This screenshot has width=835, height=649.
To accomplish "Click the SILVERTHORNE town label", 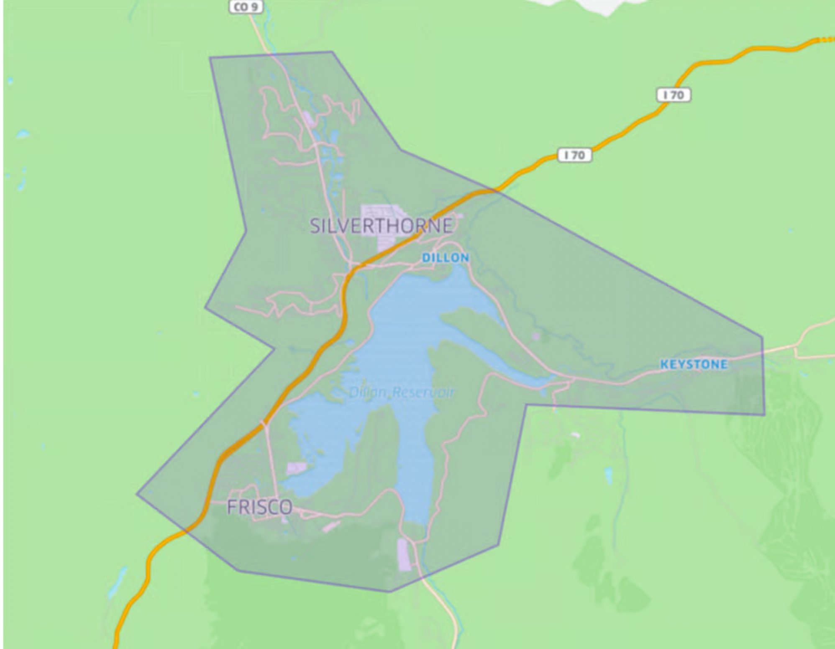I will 381,226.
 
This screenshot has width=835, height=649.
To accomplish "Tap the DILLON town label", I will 445,258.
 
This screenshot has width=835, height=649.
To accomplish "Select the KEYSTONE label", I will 694,364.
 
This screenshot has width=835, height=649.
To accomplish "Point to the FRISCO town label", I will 259,507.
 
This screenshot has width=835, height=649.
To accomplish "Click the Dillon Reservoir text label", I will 401,392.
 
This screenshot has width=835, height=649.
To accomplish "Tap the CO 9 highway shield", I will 246,7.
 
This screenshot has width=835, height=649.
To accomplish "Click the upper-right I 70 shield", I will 674,95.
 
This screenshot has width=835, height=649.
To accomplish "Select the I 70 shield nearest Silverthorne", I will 575,155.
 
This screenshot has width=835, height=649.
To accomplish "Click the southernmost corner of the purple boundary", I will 389,592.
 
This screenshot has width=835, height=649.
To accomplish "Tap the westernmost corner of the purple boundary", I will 137,494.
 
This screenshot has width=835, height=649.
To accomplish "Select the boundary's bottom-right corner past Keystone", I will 765,415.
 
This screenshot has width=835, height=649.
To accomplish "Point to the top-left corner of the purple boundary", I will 210,57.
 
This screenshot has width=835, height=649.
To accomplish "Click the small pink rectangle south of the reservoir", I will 404,555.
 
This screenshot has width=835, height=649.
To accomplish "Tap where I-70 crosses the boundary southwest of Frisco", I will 186,530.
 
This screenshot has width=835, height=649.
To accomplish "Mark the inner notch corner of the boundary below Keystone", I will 526,405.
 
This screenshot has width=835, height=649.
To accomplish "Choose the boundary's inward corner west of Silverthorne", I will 246,230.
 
